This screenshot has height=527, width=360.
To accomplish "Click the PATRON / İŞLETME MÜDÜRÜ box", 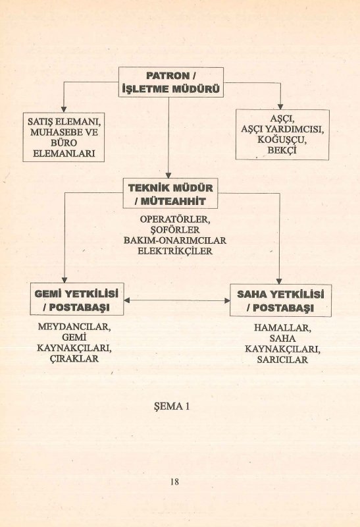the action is point(171,82).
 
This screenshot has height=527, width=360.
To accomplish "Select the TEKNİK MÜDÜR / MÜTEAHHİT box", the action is point(170,194).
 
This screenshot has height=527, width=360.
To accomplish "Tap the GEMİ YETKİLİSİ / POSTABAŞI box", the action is point(77,299).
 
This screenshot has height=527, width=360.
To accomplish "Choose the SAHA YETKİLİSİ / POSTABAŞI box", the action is point(280,300).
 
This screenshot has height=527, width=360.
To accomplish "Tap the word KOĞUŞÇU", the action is point(282,140).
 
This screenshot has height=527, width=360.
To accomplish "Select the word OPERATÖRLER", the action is point(175,219).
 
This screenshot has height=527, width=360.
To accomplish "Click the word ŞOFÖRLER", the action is point(175,230).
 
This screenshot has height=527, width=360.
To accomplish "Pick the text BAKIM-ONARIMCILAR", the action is point(175,240).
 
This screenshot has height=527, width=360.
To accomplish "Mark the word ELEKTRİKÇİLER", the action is point(175,251).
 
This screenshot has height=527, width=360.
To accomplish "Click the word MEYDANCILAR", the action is point(74,327).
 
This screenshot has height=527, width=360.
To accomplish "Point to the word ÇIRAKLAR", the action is point(74,358).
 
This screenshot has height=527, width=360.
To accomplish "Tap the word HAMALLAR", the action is point(282,327).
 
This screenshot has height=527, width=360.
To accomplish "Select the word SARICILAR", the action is point(282,360).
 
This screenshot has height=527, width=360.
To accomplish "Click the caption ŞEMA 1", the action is point(172,406).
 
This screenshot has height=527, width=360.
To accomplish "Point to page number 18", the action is point(174,482).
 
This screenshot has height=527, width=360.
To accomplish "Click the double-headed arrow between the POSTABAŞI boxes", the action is point(177,300).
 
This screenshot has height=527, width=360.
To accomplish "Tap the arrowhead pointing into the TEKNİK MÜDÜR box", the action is point(168,175).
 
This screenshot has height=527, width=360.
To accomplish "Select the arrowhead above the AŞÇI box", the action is point(280,107).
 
